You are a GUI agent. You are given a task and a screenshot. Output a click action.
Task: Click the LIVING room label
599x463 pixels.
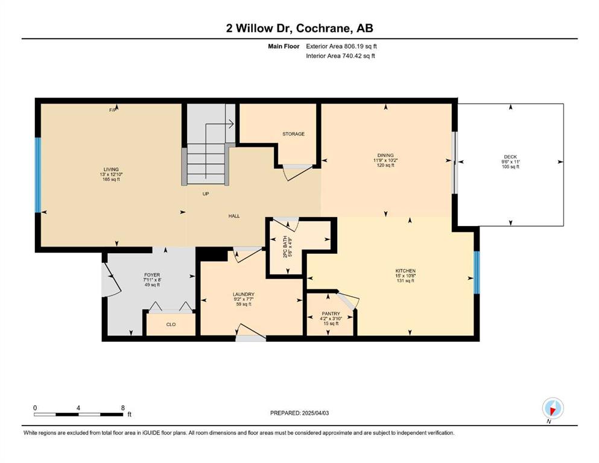(111, 169)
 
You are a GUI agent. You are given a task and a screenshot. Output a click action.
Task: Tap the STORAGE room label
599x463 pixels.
(293, 134)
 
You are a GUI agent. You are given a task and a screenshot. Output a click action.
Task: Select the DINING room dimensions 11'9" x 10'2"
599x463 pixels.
(385, 160)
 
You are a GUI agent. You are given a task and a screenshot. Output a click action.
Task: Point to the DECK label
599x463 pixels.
(510, 157)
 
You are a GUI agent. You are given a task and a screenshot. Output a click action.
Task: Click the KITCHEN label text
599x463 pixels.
(405, 271)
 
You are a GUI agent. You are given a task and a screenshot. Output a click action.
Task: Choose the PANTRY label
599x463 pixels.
(331, 313)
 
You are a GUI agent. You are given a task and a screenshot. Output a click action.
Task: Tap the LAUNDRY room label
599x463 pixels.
(243, 294)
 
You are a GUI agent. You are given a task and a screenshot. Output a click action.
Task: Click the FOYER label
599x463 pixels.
(152, 275)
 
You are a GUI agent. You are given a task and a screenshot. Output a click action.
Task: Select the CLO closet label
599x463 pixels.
(171, 324)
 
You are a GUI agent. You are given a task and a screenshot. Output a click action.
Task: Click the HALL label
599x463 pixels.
(234, 216)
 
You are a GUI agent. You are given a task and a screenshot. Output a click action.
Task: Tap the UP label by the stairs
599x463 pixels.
(206, 194)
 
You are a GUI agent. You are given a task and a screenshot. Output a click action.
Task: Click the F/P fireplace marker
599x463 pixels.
(113, 110)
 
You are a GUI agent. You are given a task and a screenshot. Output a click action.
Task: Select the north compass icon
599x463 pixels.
(553, 409)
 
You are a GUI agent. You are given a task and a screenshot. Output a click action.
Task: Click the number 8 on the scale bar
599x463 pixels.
(123, 408)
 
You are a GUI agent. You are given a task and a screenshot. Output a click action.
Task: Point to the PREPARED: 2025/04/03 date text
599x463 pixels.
(299, 413)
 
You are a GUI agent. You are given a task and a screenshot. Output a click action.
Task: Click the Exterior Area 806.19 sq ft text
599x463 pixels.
(341, 46)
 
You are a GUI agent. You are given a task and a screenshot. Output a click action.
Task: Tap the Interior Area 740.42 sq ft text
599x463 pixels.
(340, 55)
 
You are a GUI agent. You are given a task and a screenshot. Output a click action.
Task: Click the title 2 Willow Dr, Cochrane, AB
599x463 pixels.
(299, 28)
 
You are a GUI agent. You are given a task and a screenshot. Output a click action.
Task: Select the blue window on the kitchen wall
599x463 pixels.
(477, 272)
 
